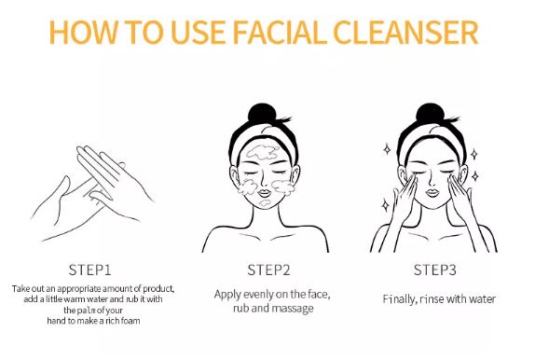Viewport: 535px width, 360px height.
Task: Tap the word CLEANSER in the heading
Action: click(x=405, y=33)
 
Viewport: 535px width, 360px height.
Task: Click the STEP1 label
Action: click(x=90, y=270)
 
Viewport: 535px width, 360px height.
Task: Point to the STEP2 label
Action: click(x=268, y=270)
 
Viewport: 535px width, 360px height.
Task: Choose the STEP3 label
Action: click(x=435, y=270)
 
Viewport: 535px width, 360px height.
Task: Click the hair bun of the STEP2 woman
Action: click(x=262, y=114)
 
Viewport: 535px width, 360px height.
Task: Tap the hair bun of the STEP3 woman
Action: click(x=431, y=114)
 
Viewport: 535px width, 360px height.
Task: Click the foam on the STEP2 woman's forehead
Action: click(x=263, y=152)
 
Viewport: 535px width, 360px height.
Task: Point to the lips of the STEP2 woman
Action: click(x=265, y=193)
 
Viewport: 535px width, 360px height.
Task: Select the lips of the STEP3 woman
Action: click(x=432, y=193)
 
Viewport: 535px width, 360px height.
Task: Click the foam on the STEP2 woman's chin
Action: click(x=265, y=204)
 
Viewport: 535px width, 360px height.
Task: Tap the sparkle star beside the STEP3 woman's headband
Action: click(x=387, y=149)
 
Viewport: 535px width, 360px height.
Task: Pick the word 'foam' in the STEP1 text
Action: click(x=130, y=321)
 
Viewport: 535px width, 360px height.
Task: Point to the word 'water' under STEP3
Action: click(x=482, y=299)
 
